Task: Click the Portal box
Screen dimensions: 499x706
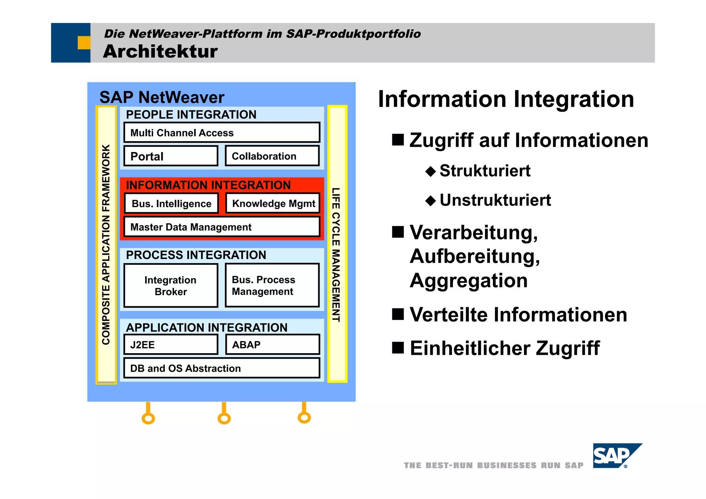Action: tap(171, 156)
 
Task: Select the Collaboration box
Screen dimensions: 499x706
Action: tap(272, 156)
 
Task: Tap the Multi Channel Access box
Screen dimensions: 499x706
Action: tap(222, 132)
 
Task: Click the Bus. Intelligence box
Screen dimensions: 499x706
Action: tap(171, 203)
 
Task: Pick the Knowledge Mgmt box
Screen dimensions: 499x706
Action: tap(273, 203)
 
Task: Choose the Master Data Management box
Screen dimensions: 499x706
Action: tap(222, 227)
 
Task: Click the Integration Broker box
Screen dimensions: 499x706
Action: tap(171, 286)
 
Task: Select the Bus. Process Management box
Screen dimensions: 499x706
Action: tap(272, 285)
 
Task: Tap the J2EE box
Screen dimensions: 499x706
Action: tap(171, 345)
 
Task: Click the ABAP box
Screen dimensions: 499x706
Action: tap(272, 345)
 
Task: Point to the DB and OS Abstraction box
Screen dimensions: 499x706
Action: tap(222, 368)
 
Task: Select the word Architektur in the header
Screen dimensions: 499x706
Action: tap(160, 51)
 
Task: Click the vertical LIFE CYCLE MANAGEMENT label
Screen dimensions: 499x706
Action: tap(336, 255)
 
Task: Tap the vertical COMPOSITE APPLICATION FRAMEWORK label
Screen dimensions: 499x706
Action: tap(106, 244)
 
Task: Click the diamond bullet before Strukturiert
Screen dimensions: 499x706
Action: tap(431, 171)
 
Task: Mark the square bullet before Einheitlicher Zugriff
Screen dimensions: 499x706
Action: tap(398, 348)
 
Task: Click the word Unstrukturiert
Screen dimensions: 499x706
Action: tap(495, 200)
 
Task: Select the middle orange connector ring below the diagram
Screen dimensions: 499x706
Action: tap(224, 419)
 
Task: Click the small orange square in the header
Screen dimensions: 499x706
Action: tap(84, 43)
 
